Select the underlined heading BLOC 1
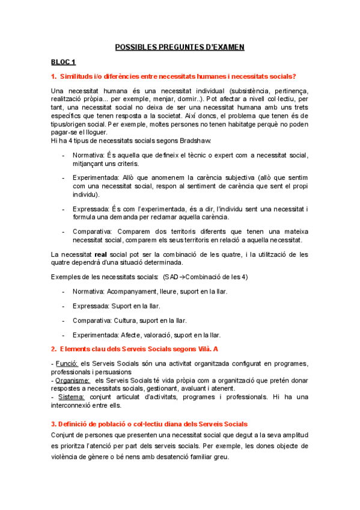(63, 61)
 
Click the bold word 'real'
(101, 254)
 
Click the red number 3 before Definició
(53, 424)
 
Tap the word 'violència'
(68, 456)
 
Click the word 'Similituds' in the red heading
(78, 76)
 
